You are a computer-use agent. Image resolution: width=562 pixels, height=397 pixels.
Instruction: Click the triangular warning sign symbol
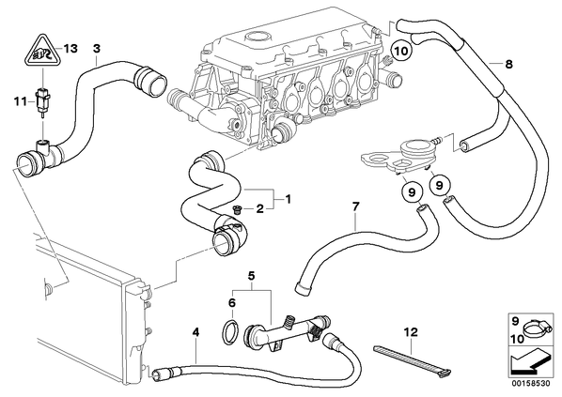coord(41,52)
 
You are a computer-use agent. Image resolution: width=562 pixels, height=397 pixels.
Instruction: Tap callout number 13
coord(70,48)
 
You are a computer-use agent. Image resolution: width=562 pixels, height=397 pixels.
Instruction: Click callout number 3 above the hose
coord(97,48)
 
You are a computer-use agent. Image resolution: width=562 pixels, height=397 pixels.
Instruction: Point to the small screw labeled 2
coord(237,209)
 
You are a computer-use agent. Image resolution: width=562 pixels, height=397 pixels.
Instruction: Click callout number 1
coord(288,199)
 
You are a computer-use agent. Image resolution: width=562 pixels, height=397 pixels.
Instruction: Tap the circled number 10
coord(401,52)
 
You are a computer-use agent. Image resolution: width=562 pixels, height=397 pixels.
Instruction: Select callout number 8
coord(508,65)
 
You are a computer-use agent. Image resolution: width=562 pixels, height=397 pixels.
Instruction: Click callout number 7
coord(355,206)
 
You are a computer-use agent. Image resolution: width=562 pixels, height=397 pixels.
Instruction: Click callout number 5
coord(251,276)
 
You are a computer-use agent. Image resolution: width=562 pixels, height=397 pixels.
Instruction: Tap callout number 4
coord(195,332)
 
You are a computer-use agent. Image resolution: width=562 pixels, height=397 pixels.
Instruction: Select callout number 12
coord(411,332)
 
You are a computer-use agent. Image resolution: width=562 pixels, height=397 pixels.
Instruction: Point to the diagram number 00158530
coord(530,384)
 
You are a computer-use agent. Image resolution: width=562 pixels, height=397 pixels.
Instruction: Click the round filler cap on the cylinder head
coord(257,37)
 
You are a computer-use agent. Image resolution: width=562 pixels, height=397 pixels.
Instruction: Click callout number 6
coord(232,303)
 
